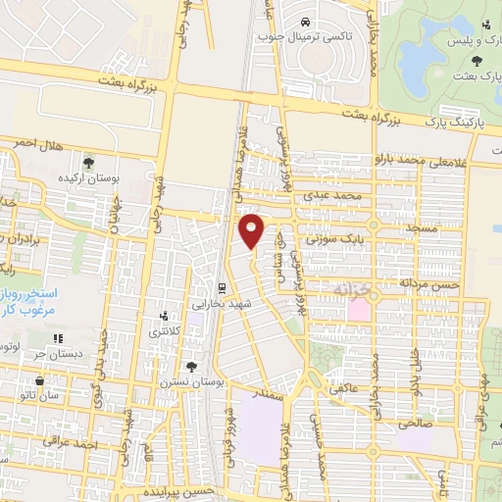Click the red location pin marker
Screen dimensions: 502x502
(x=253, y=230)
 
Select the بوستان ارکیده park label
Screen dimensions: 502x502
(x=116, y=179)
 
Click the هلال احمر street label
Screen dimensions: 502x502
(x=39, y=144)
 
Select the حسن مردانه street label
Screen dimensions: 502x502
(x=428, y=282)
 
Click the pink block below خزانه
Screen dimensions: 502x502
(x=359, y=311)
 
